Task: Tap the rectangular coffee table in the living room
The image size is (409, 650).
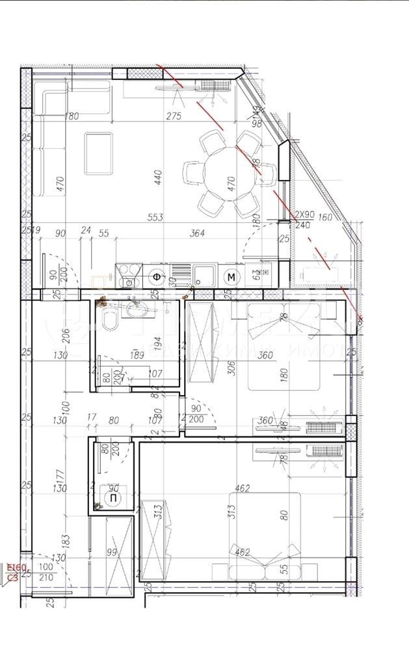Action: [x=98, y=153]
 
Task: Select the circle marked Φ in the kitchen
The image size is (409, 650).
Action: [x=157, y=277]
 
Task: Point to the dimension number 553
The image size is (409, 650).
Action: [x=155, y=217]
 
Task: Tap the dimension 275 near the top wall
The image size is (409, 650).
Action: [x=174, y=116]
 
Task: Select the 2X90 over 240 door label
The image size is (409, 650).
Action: [x=304, y=219]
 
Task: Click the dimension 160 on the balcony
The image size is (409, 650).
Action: [x=325, y=218]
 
